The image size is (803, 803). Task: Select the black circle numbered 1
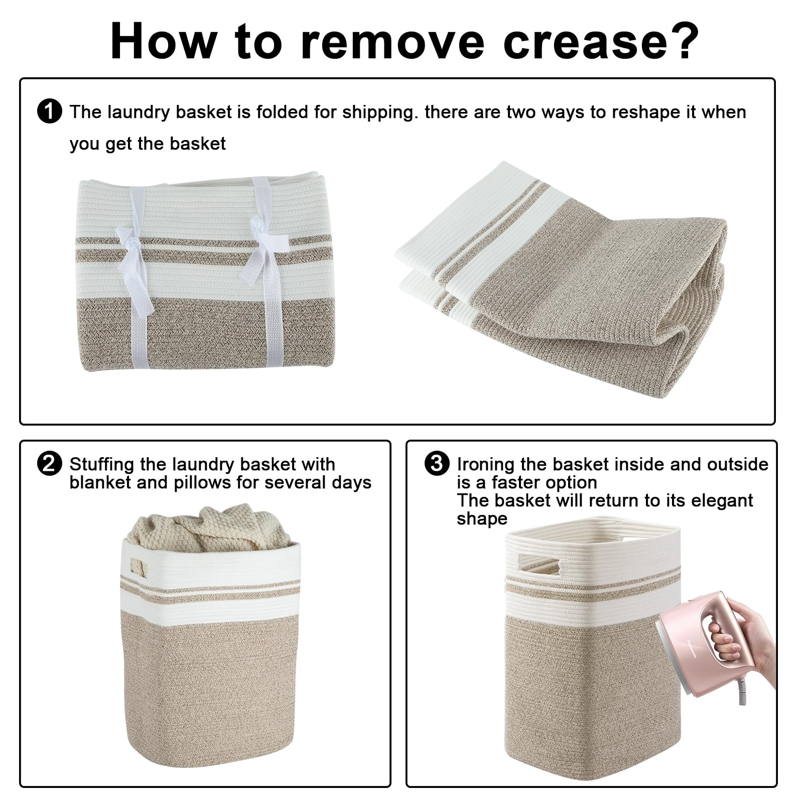[50, 111]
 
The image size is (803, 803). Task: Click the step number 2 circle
[50, 463]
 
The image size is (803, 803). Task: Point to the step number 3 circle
[437, 463]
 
